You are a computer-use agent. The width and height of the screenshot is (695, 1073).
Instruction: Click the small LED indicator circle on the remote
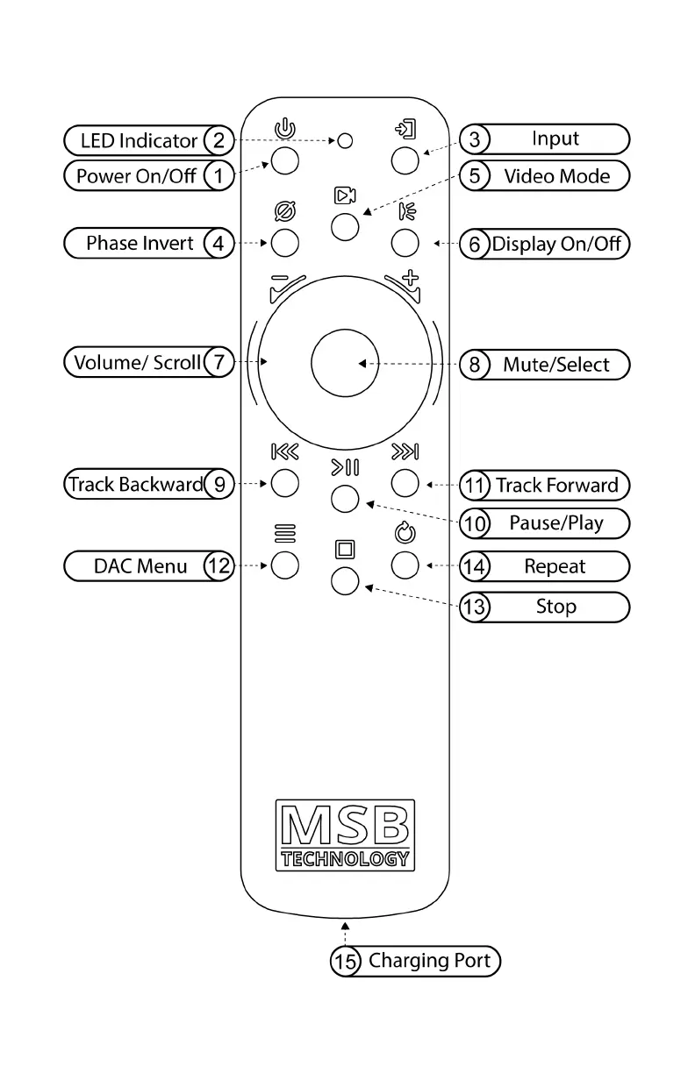coord(346,139)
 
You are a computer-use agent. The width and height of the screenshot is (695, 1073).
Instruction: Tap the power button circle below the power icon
coord(284,160)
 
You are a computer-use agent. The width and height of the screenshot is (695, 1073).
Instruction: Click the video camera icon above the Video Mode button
coord(345,195)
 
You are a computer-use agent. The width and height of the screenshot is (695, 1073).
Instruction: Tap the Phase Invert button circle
coord(284,243)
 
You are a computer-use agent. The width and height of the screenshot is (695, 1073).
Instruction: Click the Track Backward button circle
coord(284,482)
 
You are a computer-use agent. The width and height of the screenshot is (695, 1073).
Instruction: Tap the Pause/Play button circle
coord(345,499)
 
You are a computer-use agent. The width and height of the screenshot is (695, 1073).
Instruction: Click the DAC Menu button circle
coord(284,565)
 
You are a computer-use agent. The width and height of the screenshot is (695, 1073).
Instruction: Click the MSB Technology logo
coord(345,834)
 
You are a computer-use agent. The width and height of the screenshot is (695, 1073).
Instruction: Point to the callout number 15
coord(345,961)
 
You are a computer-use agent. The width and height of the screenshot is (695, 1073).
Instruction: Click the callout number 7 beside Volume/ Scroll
coord(219,362)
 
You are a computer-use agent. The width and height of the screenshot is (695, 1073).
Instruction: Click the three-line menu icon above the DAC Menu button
coord(284,531)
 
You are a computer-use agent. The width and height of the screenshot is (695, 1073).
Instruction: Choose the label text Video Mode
coord(556,176)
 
